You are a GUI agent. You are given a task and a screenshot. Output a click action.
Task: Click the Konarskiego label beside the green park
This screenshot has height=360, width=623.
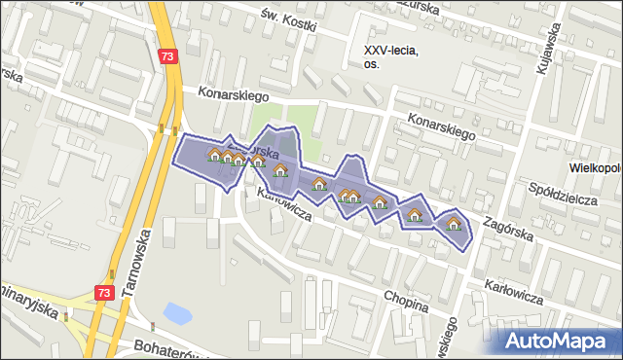(233, 94)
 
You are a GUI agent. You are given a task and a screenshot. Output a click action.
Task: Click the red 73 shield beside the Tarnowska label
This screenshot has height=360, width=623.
(105, 292)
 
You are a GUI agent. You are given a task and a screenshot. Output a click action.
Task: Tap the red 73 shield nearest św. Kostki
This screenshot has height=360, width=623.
(170, 57)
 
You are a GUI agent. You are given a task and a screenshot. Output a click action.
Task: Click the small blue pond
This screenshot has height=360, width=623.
(177, 313)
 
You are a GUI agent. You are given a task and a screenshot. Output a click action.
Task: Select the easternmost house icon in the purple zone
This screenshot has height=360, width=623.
(453, 224)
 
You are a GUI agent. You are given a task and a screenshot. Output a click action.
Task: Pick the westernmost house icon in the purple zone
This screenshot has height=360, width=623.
(215, 154)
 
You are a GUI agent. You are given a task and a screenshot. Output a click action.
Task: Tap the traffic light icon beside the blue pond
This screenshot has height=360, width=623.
(152, 325)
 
